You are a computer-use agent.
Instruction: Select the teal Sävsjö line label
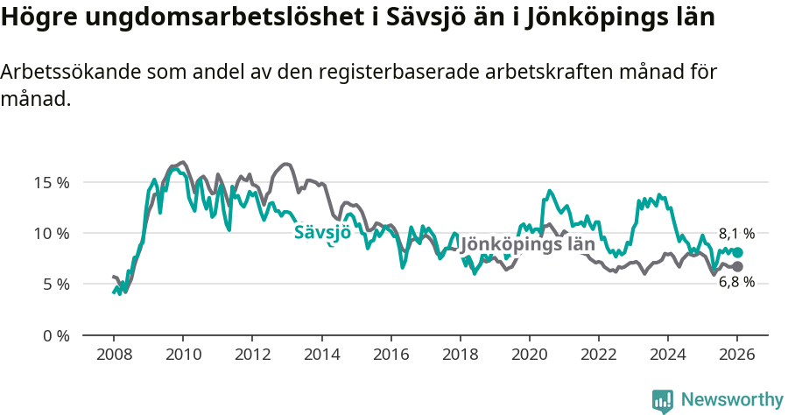click(322, 232)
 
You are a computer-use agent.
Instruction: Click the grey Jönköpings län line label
click(527, 244)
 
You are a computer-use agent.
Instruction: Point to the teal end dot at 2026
click(737, 252)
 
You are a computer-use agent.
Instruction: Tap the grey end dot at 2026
click(737, 266)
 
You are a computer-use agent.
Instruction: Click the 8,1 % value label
click(736, 234)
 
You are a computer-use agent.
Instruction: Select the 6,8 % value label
click(736, 282)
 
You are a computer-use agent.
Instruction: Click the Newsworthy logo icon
click(663, 400)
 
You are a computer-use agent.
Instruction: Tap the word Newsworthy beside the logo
click(732, 400)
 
